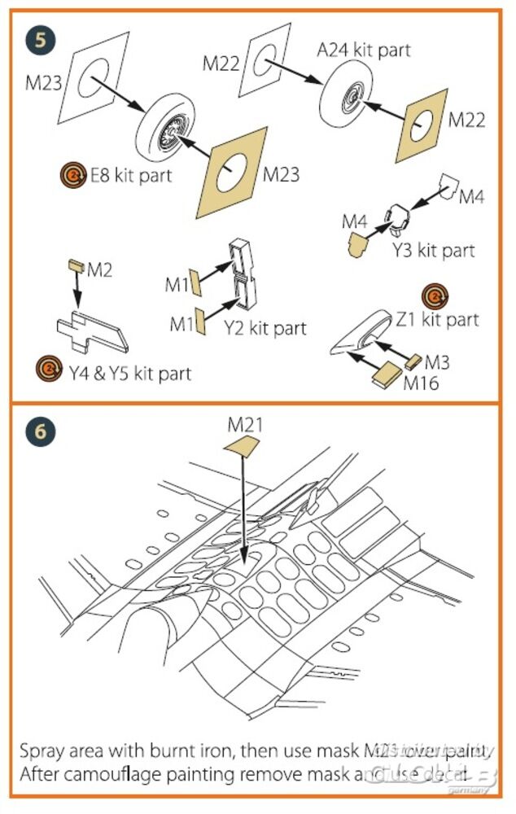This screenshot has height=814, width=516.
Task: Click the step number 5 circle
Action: (x=38, y=38)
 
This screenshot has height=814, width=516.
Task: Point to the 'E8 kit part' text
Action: (x=130, y=174)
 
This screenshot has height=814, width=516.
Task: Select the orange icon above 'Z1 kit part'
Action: (x=435, y=295)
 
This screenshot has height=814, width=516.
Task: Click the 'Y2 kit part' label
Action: (x=266, y=328)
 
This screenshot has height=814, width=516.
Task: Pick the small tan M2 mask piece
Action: (x=73, y=265)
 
